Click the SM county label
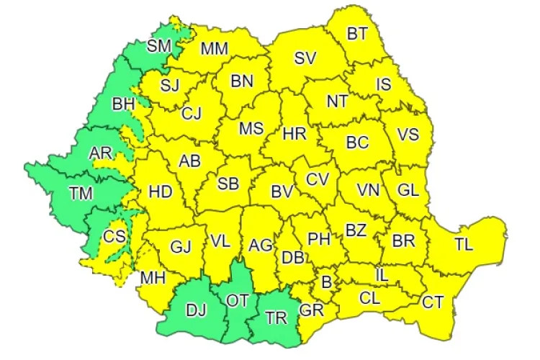[x=158, y=46]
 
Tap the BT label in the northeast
[x=358, y=33]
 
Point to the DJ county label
[x=195, y=310]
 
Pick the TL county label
[x=464, y=244]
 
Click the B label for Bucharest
[x=326, y=283]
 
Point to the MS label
[x=251, y=129]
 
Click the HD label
[x=159, y=192]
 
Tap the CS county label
[x=114, y=236]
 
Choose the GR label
[x=311, y=311]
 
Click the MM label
[x=215, y=49]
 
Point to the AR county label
[x=101, y=153]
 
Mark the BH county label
[x=123, y=104]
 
